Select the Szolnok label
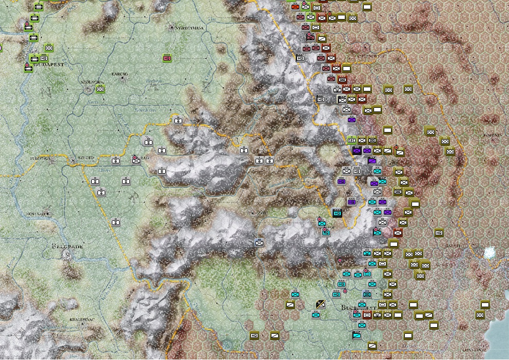[x=88, y=81]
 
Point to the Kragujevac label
[x=81, y=319]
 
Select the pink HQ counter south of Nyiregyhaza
[x=167, y=58]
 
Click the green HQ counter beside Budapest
[x=44, y=58]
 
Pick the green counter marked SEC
[x=351, y=140]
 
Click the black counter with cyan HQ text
[x=337, y=213]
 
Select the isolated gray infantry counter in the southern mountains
[x=259, y=242]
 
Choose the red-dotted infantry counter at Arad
[x=136, y=160]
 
